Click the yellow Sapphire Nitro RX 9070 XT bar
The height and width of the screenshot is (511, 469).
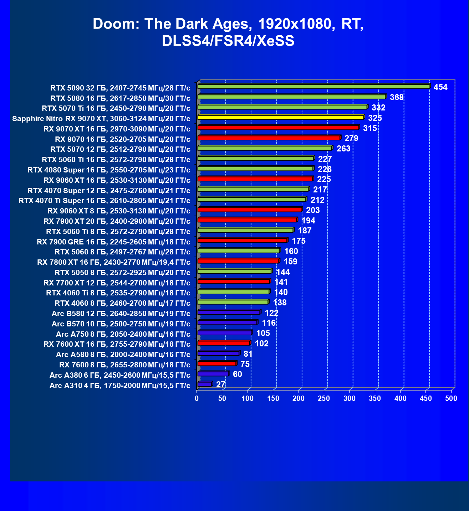(x=280, y=117)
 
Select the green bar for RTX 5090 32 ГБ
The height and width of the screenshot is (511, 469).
(x=313, y=87)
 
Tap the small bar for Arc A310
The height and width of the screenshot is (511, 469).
(x=204, y=384)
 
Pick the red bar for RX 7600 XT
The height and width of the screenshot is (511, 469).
(x=224, y=343)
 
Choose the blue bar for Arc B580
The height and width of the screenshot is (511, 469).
(x=229, y=313)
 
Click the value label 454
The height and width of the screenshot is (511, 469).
(x=440, y=87)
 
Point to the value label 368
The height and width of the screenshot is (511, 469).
(x=397, y=97)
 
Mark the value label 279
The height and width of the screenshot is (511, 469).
(x=351, y=138)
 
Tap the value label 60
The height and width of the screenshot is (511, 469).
(x=237, y=374)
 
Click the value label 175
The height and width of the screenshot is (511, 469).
(x=299, y=241)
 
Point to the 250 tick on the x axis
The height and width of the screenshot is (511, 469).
(x=324, y=398)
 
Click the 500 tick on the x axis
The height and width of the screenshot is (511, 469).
(x=451, y=398)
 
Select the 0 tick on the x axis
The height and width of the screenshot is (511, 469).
(x=197, y=398)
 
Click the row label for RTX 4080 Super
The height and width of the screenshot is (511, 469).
(x=109, y=170)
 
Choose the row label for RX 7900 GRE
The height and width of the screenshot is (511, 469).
(x=113, y=242)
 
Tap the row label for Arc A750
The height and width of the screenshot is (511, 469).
(x=123, y=334)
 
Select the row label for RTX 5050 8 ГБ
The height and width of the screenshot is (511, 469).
(x=122, y=273)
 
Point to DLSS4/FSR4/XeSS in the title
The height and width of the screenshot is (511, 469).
(x=228, y=41)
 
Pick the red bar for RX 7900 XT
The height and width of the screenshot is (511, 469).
(x=247, y=220)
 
